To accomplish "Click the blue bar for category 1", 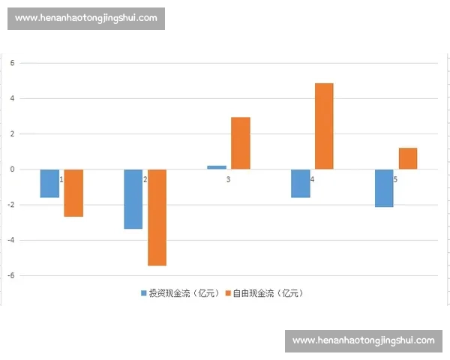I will (x=49, y=184).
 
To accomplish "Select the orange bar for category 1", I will (x=73, y=193).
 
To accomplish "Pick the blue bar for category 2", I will (x=133, y=199).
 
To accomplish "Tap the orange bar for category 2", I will (x=157, y=217).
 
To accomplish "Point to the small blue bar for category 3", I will (x=216, y=167).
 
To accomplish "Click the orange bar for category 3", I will (x=240, y=143).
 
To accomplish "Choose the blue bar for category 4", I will (x=300, y=184).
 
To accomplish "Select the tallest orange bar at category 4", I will (x=324, y=126).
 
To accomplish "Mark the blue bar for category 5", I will (x=384, y=188).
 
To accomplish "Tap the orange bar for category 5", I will (x=408, y=159).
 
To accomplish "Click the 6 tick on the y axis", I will (x=12, y=63).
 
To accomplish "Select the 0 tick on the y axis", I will (x=12, y=169).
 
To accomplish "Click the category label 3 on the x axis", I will (x=228, y=180).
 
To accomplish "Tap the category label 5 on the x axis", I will (x=395, y=180).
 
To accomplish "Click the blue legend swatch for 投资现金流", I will (x=144, y=293).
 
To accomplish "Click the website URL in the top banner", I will (x=86, y=18).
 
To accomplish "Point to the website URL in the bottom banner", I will (x=363, y=341).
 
